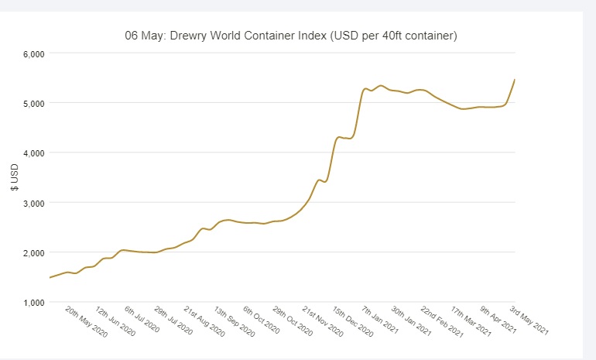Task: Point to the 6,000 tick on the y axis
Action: coord(32,53)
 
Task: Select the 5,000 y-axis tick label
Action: coord(32,103)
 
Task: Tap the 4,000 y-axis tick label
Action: coord(32,153)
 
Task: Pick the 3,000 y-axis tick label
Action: coord(32,203)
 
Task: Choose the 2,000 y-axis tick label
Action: coord(32,252)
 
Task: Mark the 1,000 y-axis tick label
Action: coord(32,302)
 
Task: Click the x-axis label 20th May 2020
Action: coord(86,321)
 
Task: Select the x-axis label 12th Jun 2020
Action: coord(115,321)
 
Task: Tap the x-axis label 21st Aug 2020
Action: coord(204,321)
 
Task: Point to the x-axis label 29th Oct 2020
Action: coord(293,321)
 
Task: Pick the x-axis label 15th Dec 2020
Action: coord(352,321)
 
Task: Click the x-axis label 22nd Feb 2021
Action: coord(440,321)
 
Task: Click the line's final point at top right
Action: coord(515,80)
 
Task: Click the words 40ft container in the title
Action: coord(411,36)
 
